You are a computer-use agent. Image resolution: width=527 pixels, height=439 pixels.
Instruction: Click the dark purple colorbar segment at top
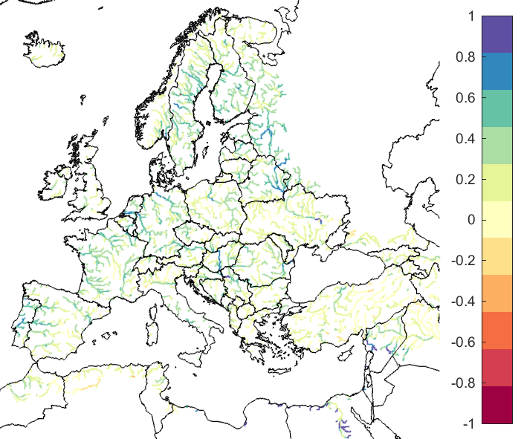[497, 34]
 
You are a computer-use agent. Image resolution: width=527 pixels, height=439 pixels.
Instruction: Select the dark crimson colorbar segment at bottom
[497, 405]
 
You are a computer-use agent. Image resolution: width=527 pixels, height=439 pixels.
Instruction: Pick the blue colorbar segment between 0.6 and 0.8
[497, 71]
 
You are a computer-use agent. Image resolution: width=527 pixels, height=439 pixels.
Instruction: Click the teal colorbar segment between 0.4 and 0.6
[497, 108]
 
